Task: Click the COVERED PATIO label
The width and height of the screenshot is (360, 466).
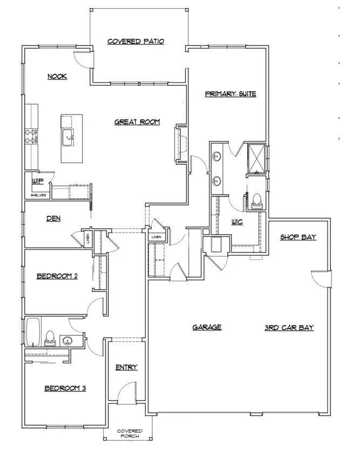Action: pos(135,42)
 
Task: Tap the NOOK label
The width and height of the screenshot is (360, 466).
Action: pos(57,77)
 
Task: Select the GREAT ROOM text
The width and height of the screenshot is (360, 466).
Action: pos(137,122)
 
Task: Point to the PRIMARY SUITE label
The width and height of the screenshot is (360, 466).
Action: pos(230,94)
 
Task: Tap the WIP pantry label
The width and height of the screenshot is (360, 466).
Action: pos(37,181)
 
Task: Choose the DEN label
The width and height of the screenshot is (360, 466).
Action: pos(53,219)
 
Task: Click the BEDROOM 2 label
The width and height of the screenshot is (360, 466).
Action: pos(57,276)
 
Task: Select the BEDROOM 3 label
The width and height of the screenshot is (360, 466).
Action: pos(65,388)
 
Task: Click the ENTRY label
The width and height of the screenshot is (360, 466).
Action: pos(126,367)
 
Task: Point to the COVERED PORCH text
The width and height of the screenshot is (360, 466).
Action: pos(130,434)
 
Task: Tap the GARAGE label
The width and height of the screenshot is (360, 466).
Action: pos(207,327)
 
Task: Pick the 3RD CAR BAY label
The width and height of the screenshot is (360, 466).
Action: pos(289,328)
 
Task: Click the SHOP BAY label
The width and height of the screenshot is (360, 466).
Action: pos(298,238)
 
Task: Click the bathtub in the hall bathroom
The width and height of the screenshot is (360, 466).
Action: pos(32,331)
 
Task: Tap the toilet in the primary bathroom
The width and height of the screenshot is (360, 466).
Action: pos(256,200)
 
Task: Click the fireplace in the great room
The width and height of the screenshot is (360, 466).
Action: pos(179,144)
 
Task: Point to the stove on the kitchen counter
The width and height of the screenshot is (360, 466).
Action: pos(31,136)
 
